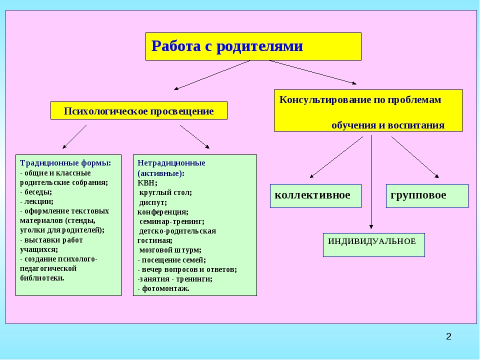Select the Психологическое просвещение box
(138, 110)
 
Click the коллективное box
(315, 196)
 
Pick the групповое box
(427, 196)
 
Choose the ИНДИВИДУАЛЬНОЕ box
(374, 245)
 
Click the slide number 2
(448, 336)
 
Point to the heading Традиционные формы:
(65, 163)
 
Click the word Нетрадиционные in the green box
(171, 163)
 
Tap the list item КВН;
(147, 183)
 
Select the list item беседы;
(36, 192)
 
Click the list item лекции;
(36, 201)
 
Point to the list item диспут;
(153, 202)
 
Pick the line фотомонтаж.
(163, 288)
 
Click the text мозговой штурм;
(170, 250)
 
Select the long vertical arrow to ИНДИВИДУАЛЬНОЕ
(371, 182)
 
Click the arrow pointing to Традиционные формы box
(74, 136)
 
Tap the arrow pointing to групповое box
(415, 157)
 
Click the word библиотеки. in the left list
(42, 278)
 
